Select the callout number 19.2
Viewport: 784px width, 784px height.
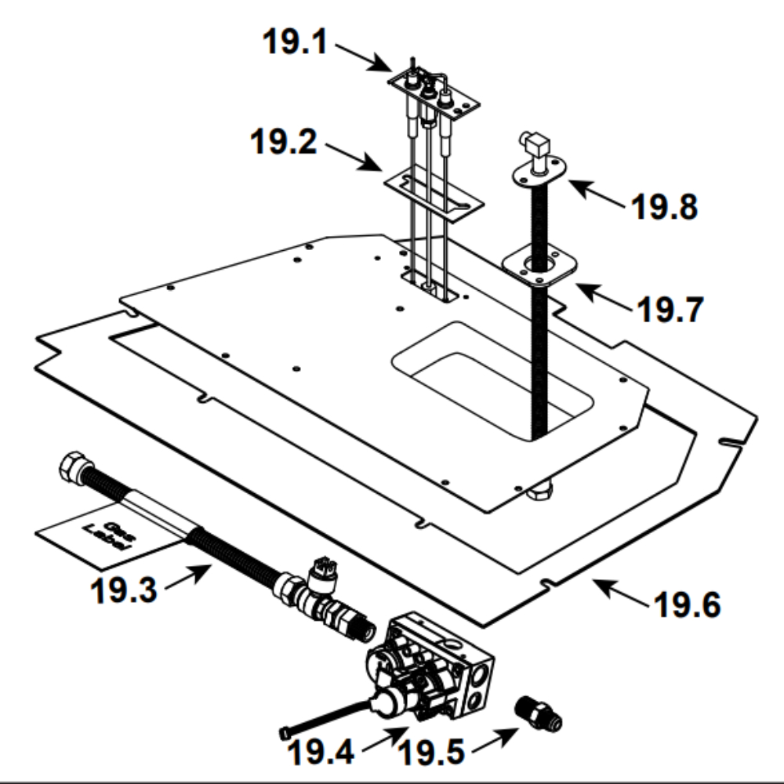coord(284,141)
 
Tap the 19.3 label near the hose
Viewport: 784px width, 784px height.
coord(124,590)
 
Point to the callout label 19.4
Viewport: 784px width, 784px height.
coord(321,751)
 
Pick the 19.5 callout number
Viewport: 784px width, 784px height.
coord(432,752)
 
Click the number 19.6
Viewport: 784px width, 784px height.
coord(688,604)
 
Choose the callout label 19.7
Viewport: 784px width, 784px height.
coord(670,310)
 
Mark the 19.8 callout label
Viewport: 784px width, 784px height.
coord(665,206)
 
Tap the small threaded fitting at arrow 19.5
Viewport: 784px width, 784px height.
coord(539,713)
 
